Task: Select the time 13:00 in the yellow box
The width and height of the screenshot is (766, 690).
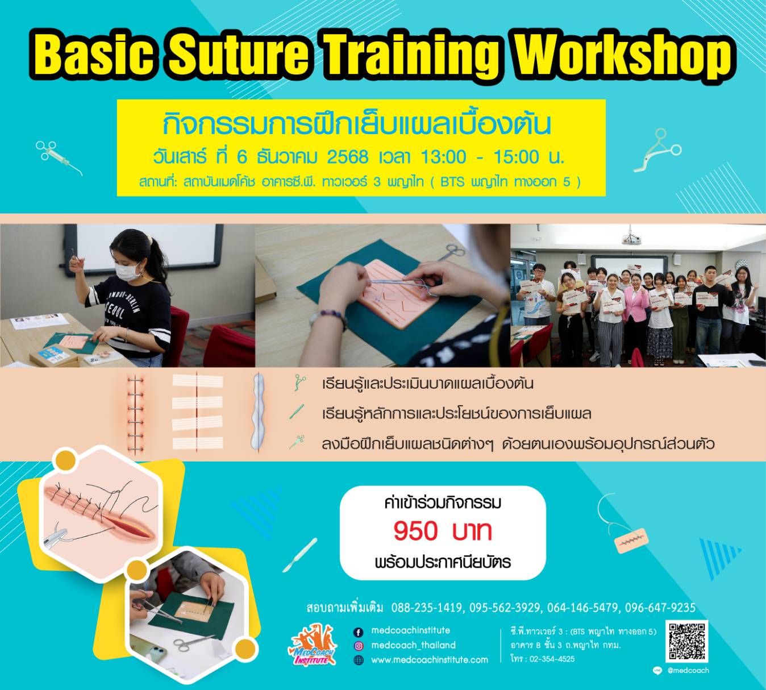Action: pyautogui.click(x=443, y=156)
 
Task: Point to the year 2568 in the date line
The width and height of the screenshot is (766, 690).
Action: pyautogui.click(x=347, y=156)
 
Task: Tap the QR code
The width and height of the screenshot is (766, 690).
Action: pyautogui.click(x=686, y=642)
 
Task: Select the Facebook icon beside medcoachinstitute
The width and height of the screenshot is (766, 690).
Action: pyautogui.click(x=359, y=632)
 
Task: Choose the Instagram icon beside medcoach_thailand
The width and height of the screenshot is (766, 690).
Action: pyautogui.click(x=359, y=646)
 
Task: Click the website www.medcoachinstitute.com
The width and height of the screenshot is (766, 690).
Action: pyautogui.click(x=429, y=660)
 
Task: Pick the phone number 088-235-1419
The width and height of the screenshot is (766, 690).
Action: pyautogui.click(x=426, y=608)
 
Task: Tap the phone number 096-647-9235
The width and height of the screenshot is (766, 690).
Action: pyautogui.click(x=660, y=608)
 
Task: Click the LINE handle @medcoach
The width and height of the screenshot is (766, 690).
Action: pyautogui.click(x=688, y=671)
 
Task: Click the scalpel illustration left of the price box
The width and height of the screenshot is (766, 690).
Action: pyautogui.click(x=301, y=554)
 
